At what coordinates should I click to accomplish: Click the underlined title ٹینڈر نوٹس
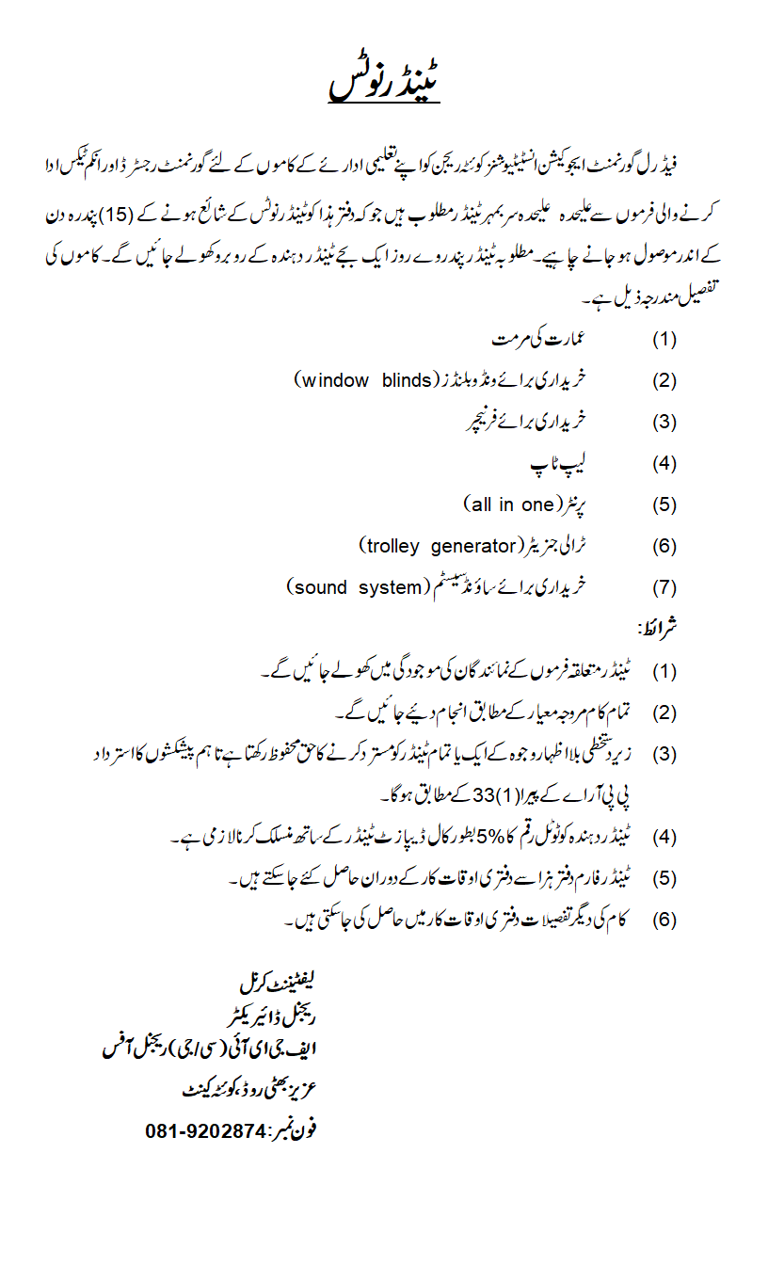(384, 83)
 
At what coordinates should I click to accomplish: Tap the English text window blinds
(364, 380)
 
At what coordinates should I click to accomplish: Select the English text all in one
(509, 504)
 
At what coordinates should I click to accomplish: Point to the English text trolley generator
(440, 546)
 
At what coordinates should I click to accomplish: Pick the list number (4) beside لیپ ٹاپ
(664, 463)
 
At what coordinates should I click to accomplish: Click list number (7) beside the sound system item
(664, 588)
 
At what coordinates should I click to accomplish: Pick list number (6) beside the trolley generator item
(664, 547)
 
